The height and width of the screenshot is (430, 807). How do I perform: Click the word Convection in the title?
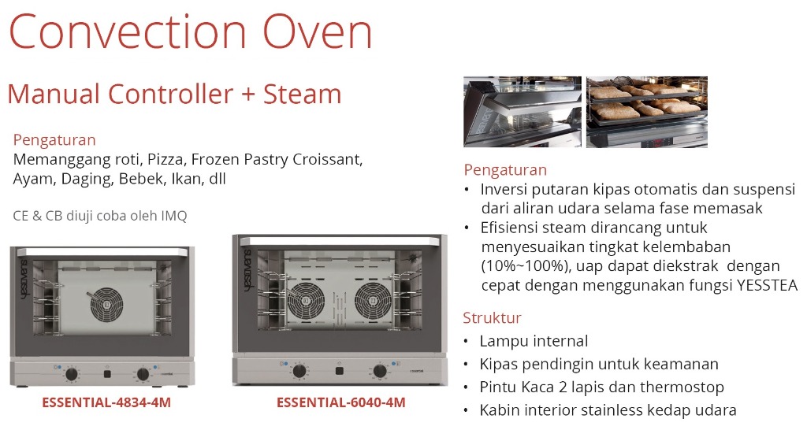(128, 32)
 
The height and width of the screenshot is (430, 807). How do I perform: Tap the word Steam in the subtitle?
(302, 95)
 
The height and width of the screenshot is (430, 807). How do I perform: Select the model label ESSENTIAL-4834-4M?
(106, 402)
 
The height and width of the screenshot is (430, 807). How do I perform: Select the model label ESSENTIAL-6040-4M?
(341, 402)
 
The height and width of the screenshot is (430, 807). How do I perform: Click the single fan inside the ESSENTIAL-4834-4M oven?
(106, 306)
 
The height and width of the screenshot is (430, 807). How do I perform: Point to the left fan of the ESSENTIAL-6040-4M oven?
(306, 301)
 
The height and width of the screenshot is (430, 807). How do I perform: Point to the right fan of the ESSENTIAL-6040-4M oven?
(373, 301)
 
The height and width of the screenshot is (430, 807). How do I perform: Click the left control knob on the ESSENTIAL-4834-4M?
(72, 374)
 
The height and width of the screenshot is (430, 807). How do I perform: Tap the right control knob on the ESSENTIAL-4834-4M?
(143, 374)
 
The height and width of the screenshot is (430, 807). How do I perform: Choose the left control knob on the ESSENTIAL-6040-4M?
(299, 372)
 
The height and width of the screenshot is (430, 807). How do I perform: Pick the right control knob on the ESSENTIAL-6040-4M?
(380, 372)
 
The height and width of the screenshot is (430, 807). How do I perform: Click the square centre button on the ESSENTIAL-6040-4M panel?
(339, 372)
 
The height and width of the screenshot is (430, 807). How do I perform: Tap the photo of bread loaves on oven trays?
(647, 112)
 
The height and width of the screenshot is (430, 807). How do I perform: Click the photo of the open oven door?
(523, 112)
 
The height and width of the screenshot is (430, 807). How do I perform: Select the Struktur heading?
(492, 317)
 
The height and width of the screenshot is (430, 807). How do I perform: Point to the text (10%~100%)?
(526, 266)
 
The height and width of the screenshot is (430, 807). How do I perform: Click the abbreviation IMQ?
(174, 216)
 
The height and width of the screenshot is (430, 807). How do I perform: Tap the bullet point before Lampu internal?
(466, 342)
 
